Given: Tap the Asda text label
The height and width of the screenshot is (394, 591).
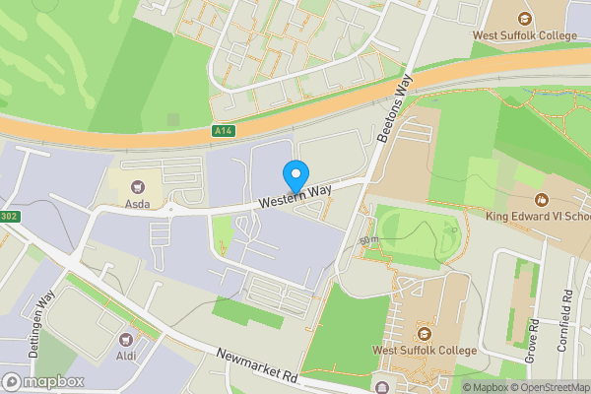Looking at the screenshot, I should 137,206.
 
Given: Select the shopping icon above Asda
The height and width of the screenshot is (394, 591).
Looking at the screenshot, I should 137,186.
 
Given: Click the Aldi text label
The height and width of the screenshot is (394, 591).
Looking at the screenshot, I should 126,356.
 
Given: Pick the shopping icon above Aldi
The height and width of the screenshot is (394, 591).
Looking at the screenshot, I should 126,338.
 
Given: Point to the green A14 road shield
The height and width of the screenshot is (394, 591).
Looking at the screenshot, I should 224,130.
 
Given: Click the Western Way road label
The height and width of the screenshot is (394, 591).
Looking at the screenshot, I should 295,194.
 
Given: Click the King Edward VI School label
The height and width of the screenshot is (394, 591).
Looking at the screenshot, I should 537,216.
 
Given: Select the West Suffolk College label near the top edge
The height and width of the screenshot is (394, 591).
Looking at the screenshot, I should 524,36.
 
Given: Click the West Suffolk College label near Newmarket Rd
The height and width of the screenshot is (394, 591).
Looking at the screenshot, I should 425,350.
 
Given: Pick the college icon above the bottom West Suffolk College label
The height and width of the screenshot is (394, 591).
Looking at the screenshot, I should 425,330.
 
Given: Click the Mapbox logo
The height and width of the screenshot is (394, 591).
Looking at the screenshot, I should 42,382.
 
